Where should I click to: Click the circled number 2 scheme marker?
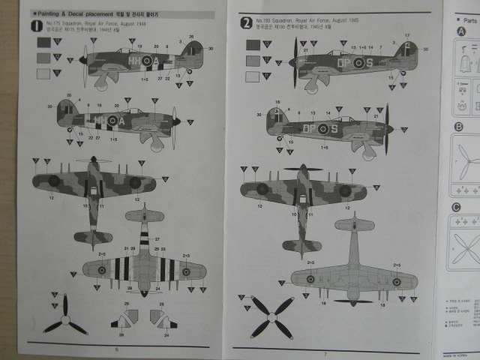click(x=245, y=22)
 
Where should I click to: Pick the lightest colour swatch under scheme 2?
click(x=253, y=76)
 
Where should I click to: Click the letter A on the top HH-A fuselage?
click(x=155, y=60)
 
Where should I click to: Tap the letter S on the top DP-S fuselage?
click(x=368, y=63)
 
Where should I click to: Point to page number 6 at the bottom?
click(x=116, y=349)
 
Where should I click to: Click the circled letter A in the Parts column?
click(x=459, y=31)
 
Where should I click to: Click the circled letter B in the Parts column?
click(x=457, y=127)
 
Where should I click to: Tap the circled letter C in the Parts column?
click(x=456, y=207)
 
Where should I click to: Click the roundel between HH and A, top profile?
click(x=142, y=60)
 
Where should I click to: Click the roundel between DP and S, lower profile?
click(x=322, y=128)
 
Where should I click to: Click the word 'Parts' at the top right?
click(x=471, y=13)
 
